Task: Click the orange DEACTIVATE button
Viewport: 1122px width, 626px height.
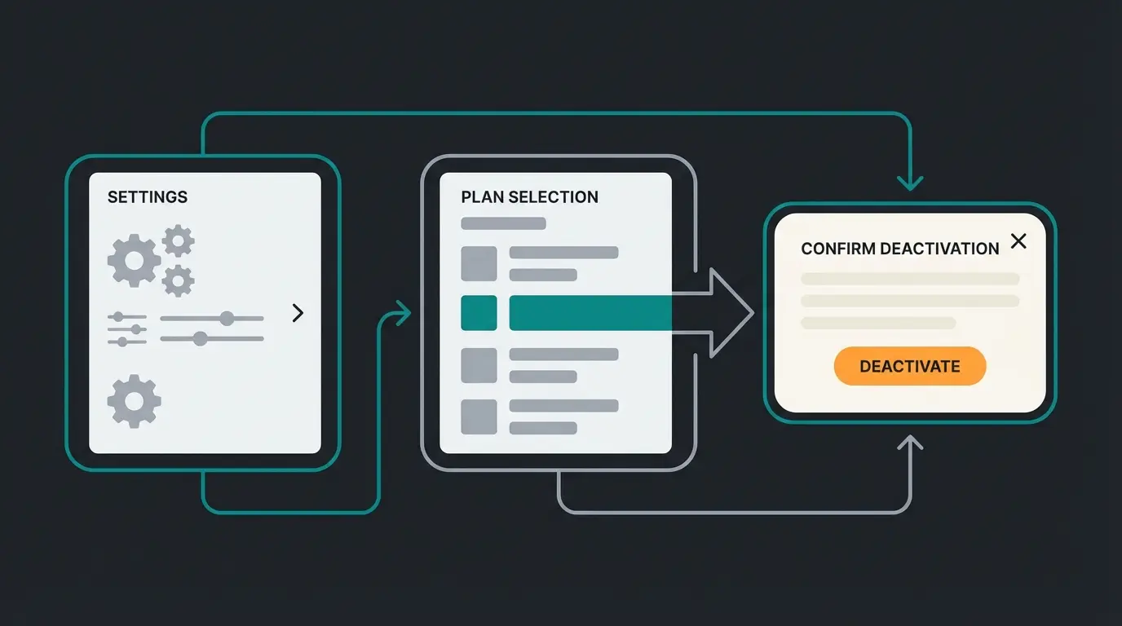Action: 909,366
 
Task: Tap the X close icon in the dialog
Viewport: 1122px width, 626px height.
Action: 1018,241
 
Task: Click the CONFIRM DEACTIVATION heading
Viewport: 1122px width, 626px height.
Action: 899,249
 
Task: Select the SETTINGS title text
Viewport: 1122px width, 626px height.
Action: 148,197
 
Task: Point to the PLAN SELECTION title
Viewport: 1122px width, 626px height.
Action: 529,197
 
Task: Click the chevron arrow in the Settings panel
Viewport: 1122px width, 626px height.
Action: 298,313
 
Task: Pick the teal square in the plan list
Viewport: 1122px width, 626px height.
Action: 479,313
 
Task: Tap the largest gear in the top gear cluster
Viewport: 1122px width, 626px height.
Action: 134,261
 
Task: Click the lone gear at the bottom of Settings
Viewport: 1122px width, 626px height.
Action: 134,401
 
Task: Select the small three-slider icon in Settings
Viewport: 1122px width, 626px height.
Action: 127,328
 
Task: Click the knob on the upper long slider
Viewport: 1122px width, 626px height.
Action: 227,318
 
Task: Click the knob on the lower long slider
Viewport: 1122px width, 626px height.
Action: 200,338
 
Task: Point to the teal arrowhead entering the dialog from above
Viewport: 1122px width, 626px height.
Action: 910,183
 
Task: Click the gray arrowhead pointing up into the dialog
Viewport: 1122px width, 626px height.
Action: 910,443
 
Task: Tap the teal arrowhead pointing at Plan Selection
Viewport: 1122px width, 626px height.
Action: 401,313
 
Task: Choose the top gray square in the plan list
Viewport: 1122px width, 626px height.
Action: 479,263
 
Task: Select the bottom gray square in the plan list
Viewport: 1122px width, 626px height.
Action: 479,417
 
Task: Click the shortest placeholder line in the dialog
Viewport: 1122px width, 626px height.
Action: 878,323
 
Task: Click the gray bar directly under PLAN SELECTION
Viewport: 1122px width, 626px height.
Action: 503,223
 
